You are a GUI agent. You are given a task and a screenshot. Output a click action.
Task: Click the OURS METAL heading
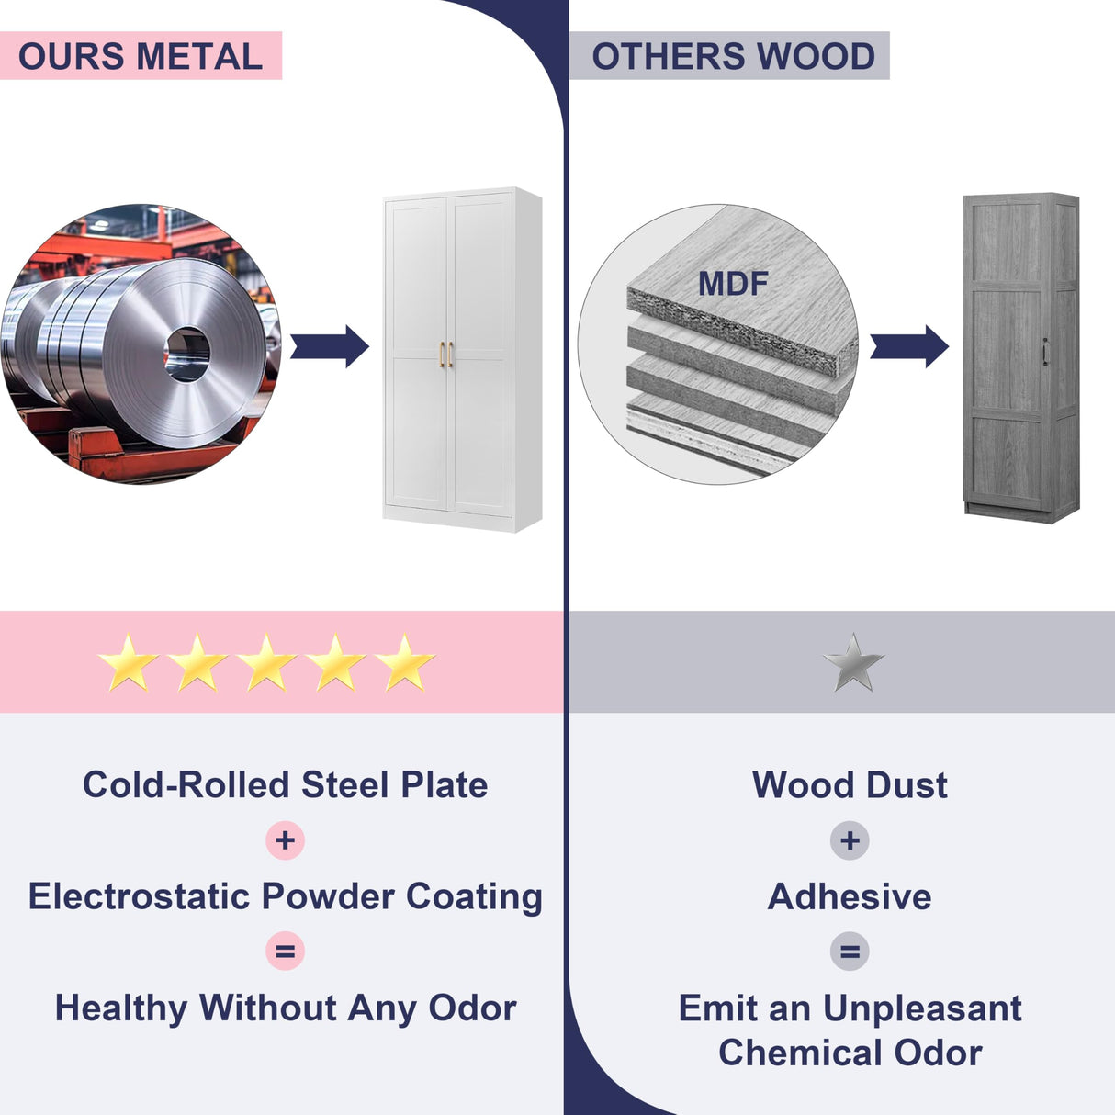pos(141,57)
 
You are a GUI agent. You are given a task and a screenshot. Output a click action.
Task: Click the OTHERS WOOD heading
pos(733,57)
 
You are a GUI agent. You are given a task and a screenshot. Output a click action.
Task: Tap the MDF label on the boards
pos(732,284)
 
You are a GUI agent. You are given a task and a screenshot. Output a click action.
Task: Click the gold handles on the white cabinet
pos(445,355)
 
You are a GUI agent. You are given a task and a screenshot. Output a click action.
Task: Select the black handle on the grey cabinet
pos(1045,350)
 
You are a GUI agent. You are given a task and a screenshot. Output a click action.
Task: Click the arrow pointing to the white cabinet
pos(330,346)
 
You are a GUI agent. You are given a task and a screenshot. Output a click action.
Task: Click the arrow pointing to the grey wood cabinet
pos(908,346)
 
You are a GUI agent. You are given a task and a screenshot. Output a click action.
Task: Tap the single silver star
pos(853,662)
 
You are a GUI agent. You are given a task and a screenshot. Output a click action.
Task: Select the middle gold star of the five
pos(266,662)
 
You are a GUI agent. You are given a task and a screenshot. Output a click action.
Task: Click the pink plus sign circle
pos(285,840)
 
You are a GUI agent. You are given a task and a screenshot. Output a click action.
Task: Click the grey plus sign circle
pos(850,840)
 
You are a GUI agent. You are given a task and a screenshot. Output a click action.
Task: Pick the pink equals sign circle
pos(285,952)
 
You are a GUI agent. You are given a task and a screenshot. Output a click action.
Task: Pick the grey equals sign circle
pos(850,952)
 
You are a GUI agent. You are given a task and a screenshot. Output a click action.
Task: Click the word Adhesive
pos(850,896)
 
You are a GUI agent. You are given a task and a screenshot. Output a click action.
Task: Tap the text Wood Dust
pos(850,785)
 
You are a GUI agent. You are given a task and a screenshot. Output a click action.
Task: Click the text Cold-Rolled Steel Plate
pos(285,785)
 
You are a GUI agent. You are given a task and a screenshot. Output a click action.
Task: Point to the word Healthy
pos(120,1008)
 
